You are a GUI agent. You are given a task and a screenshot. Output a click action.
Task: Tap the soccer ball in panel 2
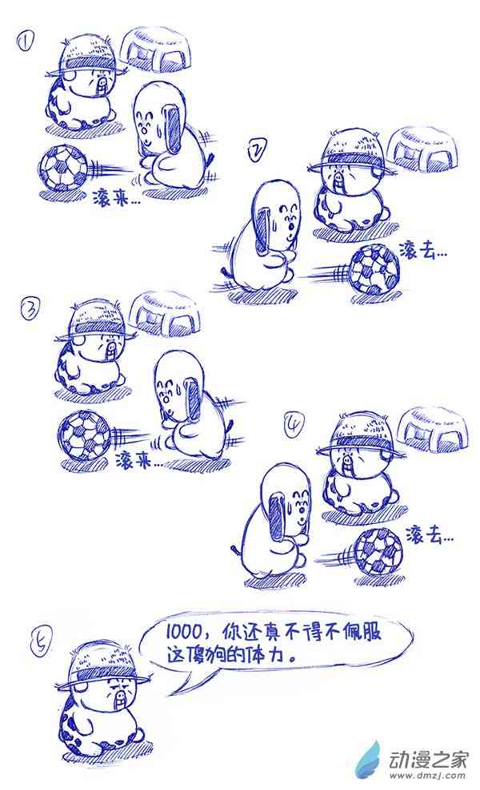click(x=375, y=269)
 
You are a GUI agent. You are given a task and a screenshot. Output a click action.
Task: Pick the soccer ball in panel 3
click(x=84, y=436)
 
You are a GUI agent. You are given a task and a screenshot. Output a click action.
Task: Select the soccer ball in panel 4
click(x=378, y=552)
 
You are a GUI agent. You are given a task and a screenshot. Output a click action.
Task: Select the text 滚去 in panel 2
click(x=418, y=249)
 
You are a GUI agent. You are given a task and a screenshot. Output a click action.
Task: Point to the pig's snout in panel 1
click(x=104, y=81)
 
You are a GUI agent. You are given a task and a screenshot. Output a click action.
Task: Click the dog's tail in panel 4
click(x=235, y=549)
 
